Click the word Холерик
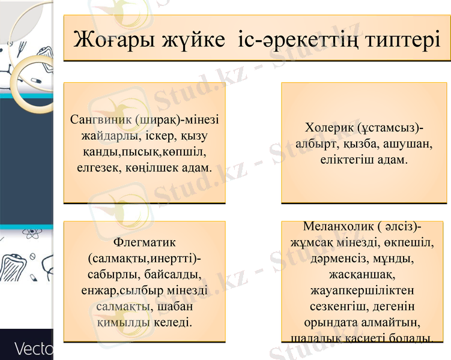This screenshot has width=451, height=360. (328, 128)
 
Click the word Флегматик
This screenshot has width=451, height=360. (144, 243)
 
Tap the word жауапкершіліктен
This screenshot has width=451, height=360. (362, 291)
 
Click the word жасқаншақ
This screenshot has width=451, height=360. (362, 275)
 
